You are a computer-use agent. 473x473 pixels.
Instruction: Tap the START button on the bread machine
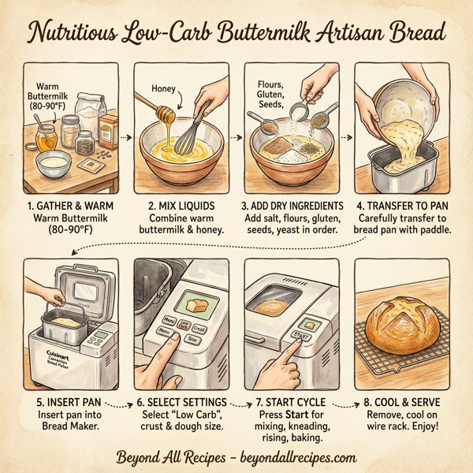[301, 335]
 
